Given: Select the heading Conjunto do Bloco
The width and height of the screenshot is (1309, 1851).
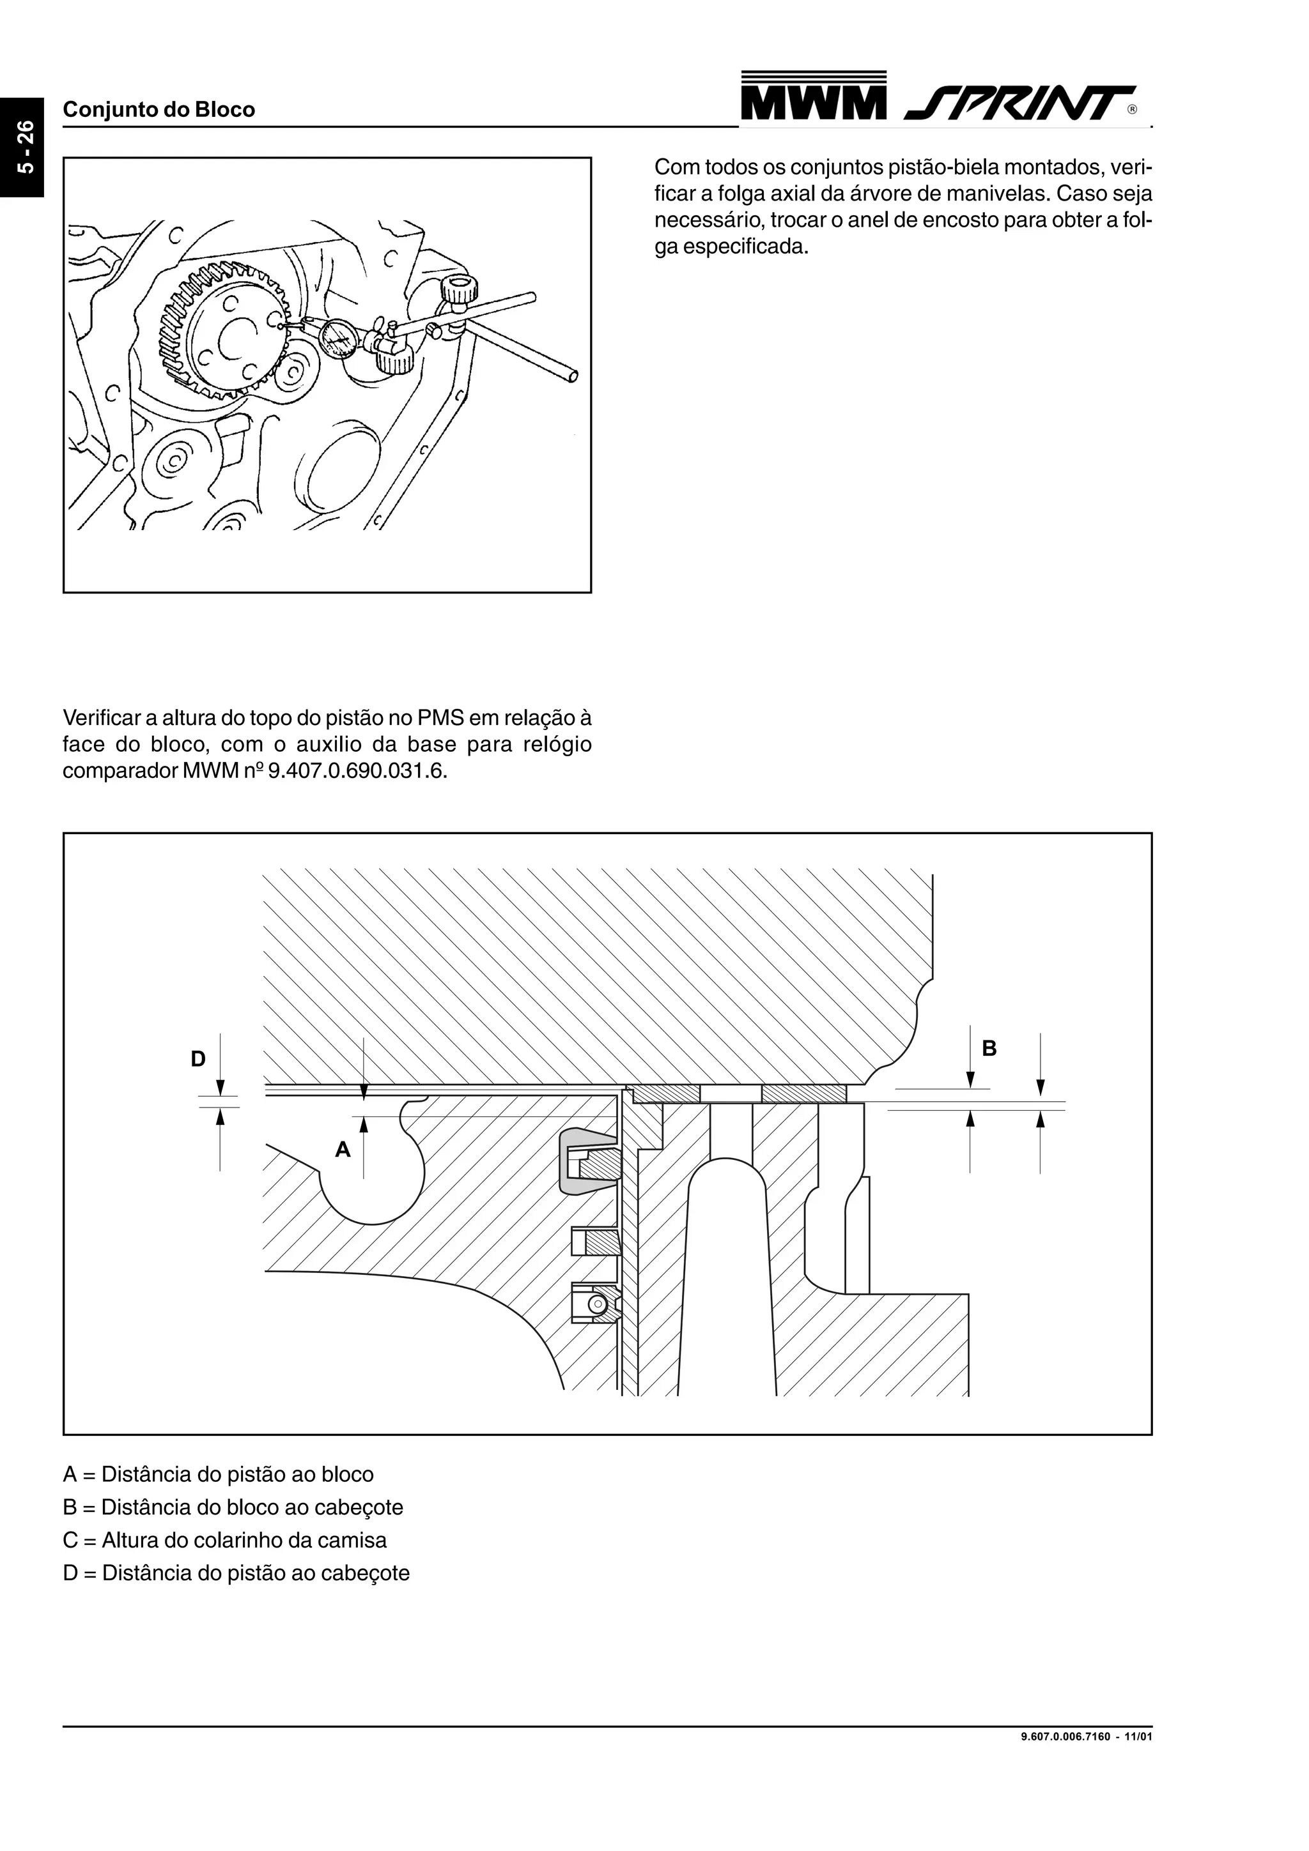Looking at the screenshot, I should coord(159,110).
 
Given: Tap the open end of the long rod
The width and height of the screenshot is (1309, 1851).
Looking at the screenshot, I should coord(573,376).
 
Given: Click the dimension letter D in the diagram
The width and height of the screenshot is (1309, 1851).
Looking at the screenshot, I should coord(198,1058).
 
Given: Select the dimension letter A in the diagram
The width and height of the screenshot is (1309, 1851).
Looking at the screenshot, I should coord(343,1150).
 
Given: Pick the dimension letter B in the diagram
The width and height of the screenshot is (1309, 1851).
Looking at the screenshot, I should coord(989,1048).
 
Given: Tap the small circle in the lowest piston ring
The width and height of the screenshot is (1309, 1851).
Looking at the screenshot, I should coord(596,1304).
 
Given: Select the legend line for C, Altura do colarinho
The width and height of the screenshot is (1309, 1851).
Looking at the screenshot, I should coord(225,1540).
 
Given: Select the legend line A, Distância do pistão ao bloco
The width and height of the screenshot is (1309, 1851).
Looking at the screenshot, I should coord(219,1475).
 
